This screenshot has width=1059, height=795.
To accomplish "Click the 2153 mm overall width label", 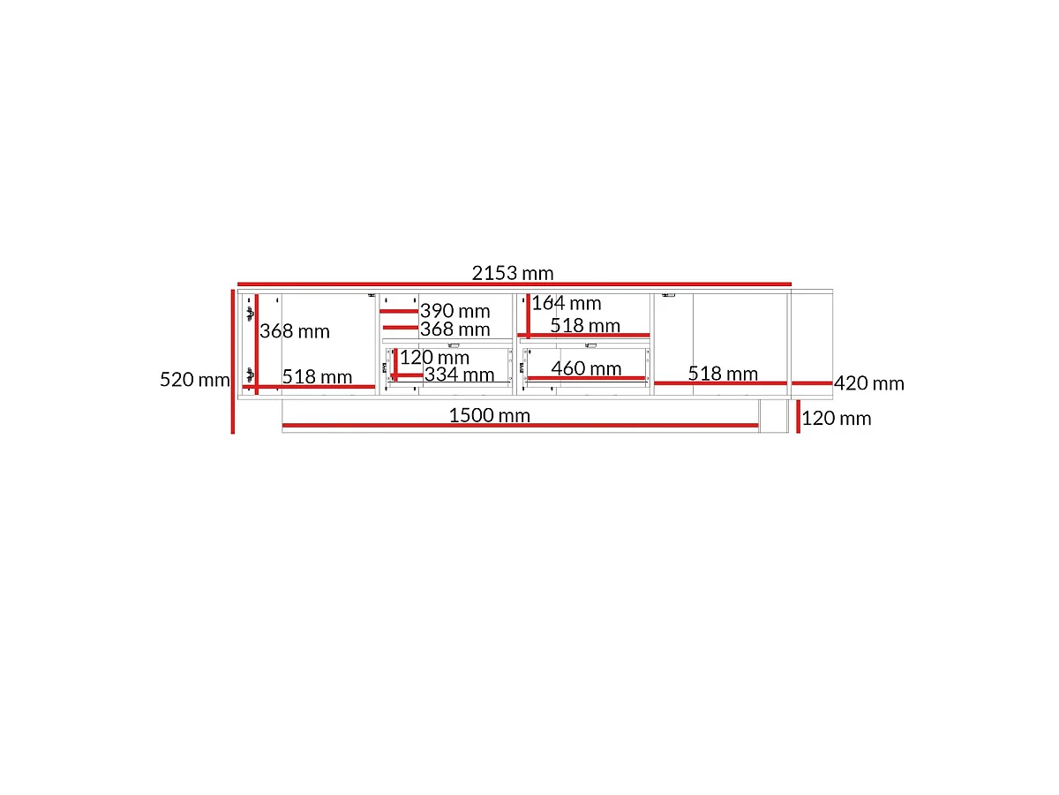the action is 513,273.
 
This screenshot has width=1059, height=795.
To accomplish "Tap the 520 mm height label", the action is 194,380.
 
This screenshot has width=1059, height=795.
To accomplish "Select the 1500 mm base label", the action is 489,415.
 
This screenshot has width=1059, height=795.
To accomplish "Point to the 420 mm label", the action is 868,383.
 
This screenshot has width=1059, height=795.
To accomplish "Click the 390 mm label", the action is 454,311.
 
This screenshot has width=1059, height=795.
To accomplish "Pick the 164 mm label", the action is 566,303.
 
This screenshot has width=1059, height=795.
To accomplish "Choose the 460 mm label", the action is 586,368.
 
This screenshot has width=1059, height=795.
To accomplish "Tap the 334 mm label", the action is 459,375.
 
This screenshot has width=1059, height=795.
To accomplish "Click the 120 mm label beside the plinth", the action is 836,419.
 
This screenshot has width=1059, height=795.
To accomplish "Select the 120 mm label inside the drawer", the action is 434,358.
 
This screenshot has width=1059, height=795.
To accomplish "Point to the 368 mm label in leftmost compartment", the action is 294,331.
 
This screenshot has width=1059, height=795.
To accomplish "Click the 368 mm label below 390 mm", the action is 454,329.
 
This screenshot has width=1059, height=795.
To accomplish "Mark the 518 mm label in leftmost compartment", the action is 317,376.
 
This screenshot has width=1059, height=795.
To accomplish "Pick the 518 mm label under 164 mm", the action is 585,325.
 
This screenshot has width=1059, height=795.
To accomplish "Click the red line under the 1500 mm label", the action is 520,425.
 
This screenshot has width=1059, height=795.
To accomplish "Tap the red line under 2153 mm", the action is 514,284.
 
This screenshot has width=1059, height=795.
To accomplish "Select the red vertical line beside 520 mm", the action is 233,361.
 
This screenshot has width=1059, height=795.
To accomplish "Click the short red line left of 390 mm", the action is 399,311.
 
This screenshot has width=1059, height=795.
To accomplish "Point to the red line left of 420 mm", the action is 812,383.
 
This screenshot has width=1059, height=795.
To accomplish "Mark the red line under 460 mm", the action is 586,378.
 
